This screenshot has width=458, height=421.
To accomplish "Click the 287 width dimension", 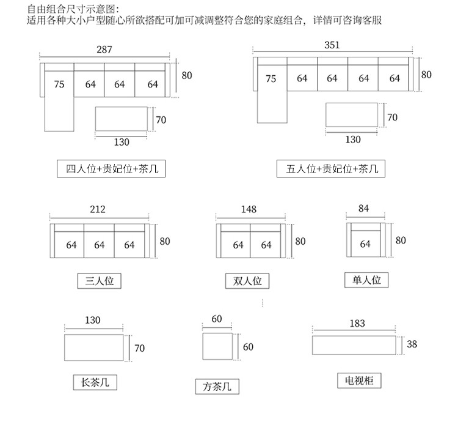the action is point(104,50).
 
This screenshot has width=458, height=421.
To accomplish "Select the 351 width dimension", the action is point(332,45).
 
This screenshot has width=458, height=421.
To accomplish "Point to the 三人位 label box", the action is point(100,281).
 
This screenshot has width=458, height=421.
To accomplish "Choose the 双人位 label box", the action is point(247,281).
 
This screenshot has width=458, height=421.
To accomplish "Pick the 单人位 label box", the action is point(366,280).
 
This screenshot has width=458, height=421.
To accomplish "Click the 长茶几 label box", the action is point(95,382).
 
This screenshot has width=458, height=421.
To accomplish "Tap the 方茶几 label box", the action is point(217,386).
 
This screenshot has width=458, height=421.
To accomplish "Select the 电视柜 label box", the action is point(360,381).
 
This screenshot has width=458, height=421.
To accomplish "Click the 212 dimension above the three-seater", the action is point(98,209).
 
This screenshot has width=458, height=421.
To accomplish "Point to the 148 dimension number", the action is point(249,209).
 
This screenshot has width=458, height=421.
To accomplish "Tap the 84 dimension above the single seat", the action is point(364,209).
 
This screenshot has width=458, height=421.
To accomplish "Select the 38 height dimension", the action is point(412,345).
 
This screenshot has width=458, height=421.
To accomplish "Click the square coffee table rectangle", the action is point(217,347).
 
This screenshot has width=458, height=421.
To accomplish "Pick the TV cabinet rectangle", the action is point(354,345).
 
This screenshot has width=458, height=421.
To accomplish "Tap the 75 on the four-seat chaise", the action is point(59,84).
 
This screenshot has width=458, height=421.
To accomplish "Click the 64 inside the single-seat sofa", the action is point(365,244).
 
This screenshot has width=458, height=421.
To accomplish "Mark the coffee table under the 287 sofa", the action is point(122,119).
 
